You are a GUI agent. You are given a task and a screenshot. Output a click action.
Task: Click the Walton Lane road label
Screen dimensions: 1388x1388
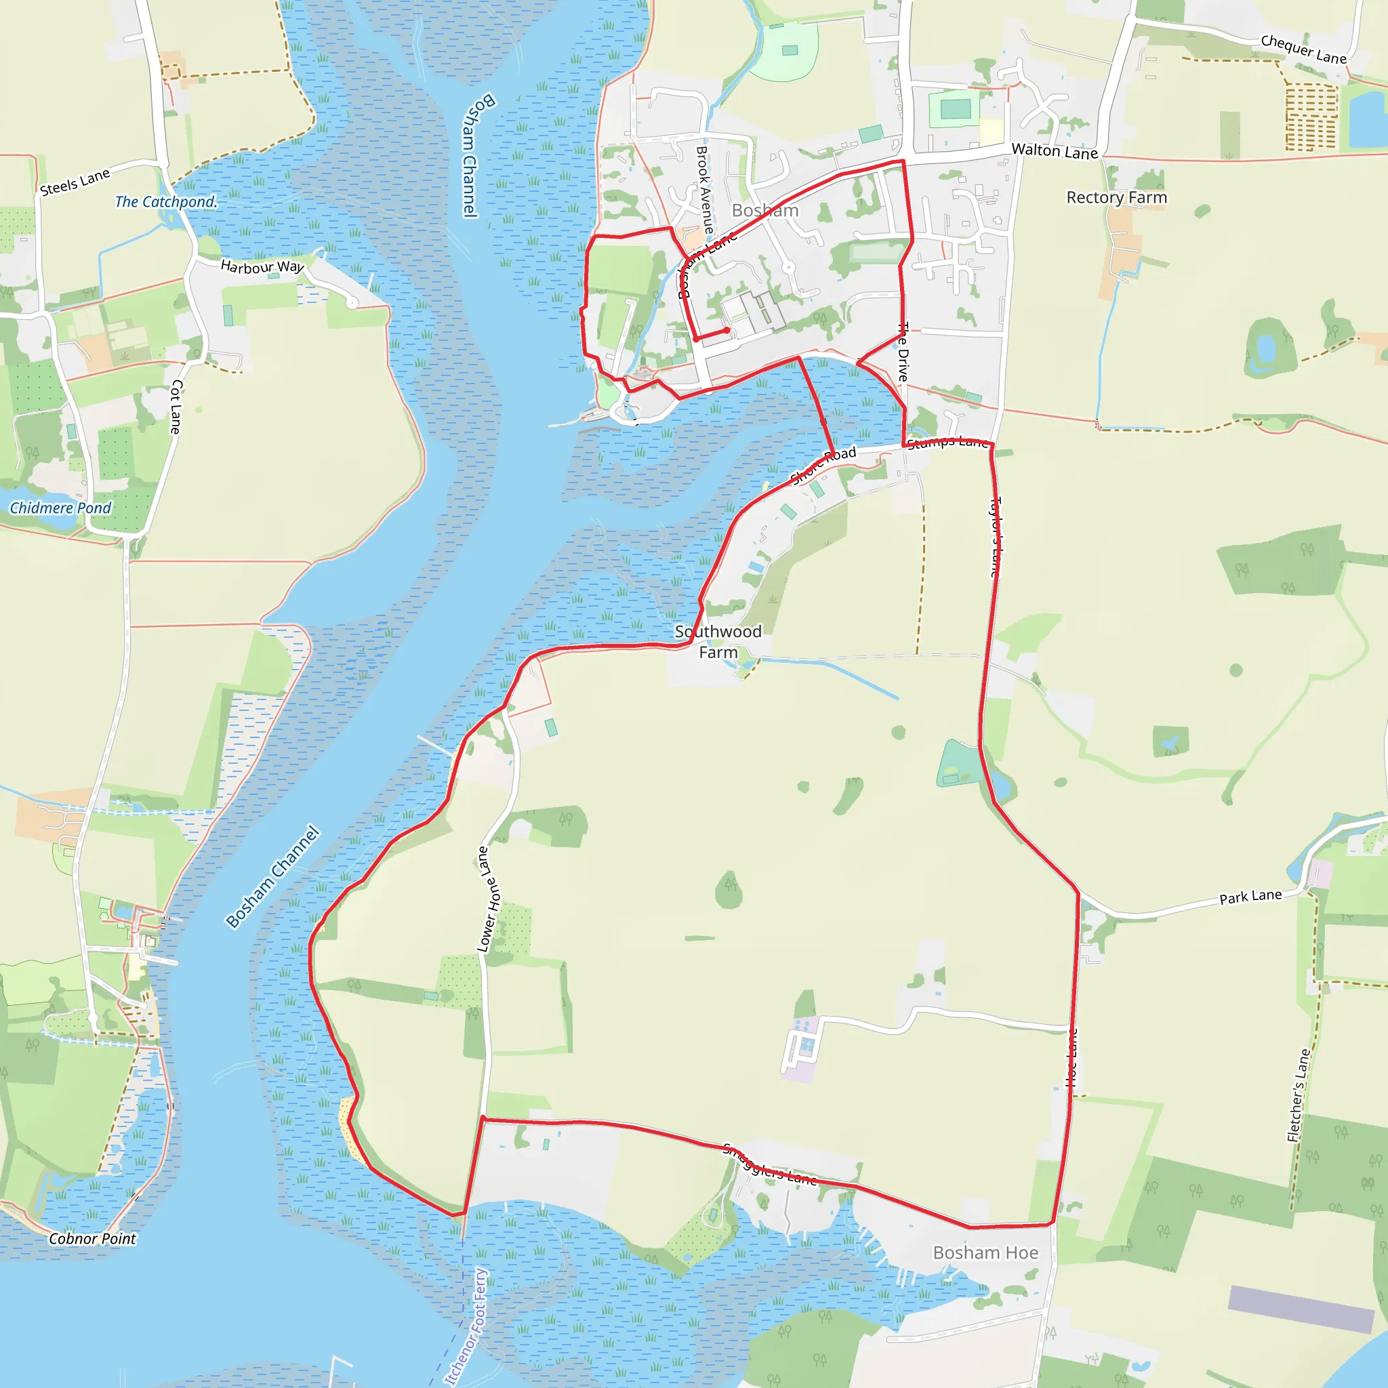[x=1054, y=151]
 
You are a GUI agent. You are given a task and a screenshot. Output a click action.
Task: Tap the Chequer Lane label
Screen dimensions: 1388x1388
[x=1303, y=49]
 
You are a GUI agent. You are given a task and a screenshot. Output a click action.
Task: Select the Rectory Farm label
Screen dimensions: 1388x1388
[x=1116, y=198]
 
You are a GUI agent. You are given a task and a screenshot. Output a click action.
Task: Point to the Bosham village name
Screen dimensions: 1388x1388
[x=764, y=211]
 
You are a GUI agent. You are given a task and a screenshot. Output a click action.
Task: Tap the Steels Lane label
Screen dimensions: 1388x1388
[x=75, y=182]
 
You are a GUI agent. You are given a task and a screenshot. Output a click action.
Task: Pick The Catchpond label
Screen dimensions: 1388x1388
[x=165, y=202]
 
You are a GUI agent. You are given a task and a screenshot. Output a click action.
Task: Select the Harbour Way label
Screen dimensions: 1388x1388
[x=262, y=266]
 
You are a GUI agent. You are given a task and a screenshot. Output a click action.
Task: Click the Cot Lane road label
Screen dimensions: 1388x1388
[x=176, y=407]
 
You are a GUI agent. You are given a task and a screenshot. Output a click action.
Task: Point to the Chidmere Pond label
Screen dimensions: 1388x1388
[x=60, y=508]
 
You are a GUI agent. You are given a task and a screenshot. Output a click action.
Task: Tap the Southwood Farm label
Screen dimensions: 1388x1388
[x=718, y=642]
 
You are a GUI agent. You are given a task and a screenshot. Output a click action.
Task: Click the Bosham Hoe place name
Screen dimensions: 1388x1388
[x=985, y=1253]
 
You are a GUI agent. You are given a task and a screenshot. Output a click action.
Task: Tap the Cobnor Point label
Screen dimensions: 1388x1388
[x=92, y=1239]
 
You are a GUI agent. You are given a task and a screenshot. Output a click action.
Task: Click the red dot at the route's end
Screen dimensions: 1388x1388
[x=727, y=331]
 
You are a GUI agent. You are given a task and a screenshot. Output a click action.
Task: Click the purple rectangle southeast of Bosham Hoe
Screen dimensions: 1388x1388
[x=1301, y=1308]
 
